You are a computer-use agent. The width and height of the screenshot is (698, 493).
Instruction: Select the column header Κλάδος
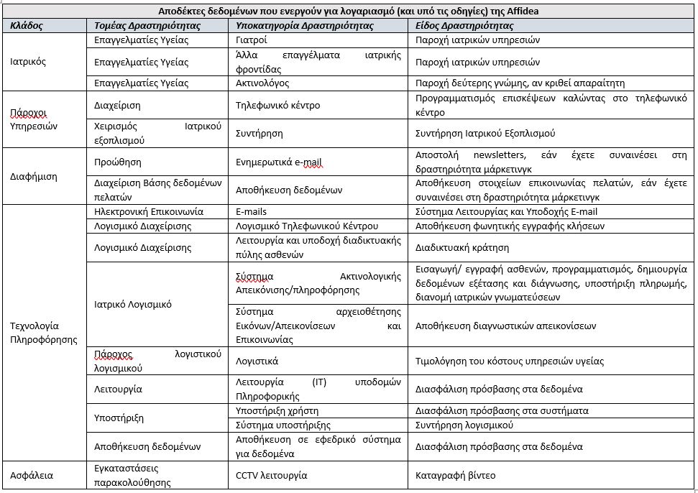click(27, 25)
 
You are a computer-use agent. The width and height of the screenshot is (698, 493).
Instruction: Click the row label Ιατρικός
click(29, 62)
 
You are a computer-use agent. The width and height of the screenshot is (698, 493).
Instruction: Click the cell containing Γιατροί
click(252, 40)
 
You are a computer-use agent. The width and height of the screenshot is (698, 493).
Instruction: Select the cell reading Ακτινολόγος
click(263, 83)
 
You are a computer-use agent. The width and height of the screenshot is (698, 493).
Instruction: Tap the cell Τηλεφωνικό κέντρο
click(277, 106)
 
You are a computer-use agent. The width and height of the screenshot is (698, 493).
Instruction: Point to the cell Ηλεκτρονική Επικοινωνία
click(149, 211)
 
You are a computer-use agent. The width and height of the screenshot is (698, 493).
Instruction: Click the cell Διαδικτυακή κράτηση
click(462, 247)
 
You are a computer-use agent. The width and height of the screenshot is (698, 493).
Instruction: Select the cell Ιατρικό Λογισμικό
click(133, 304)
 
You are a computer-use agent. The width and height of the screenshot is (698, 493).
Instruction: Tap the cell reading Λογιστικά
click(257, 361)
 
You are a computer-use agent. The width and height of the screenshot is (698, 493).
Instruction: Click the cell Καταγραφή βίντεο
click(455, 475)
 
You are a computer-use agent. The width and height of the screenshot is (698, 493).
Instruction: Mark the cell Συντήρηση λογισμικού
click(464, 425)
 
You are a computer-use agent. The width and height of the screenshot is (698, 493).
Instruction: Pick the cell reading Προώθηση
click(118, 162)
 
